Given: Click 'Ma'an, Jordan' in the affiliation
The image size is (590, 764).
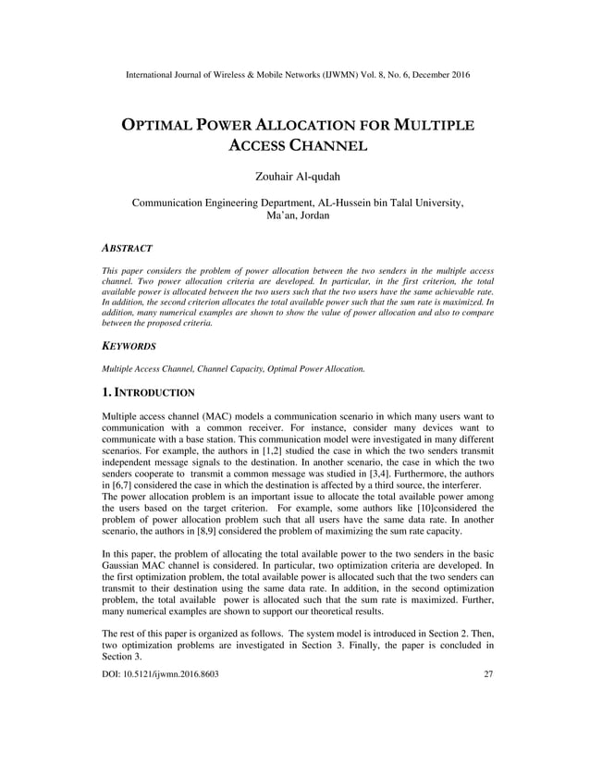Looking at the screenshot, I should point(295,215).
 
